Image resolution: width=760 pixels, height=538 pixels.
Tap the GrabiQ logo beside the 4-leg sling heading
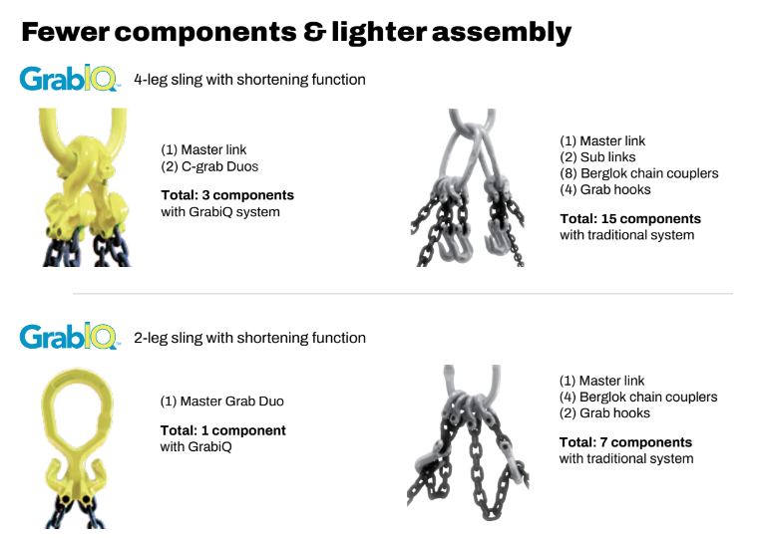tap(69, 78)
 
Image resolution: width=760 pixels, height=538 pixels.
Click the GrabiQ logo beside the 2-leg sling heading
tap(69, 336)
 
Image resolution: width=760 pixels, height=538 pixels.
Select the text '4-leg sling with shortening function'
tap(249, 80)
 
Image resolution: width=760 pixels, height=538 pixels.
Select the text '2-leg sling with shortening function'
tap(249, 338)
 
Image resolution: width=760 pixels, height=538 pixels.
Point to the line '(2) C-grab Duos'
tap(209, 166)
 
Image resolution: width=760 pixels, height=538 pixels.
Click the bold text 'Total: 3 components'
tap(227, 195)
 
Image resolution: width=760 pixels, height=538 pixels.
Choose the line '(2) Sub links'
tap(597, 157)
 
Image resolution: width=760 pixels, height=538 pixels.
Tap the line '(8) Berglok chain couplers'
tap(639, 173)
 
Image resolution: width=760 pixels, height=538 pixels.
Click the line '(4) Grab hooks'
tap(604, 190)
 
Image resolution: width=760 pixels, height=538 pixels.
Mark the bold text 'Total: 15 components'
tap(630, 219)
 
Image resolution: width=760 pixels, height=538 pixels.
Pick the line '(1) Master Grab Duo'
tap(222, 402)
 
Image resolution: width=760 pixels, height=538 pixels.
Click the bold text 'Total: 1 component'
tap(223, 430)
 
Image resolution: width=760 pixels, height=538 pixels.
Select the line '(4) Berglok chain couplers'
tap(638, 398)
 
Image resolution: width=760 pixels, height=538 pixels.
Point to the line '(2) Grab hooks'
tap(604, 413)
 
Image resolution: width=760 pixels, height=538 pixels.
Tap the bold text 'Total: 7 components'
tap(625, 442)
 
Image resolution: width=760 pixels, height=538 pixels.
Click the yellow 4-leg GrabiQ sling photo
tap(86, 187)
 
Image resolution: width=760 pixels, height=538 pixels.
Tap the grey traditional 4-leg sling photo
tap(468, 187)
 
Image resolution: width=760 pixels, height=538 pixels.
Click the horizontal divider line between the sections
tap(403, 294)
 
